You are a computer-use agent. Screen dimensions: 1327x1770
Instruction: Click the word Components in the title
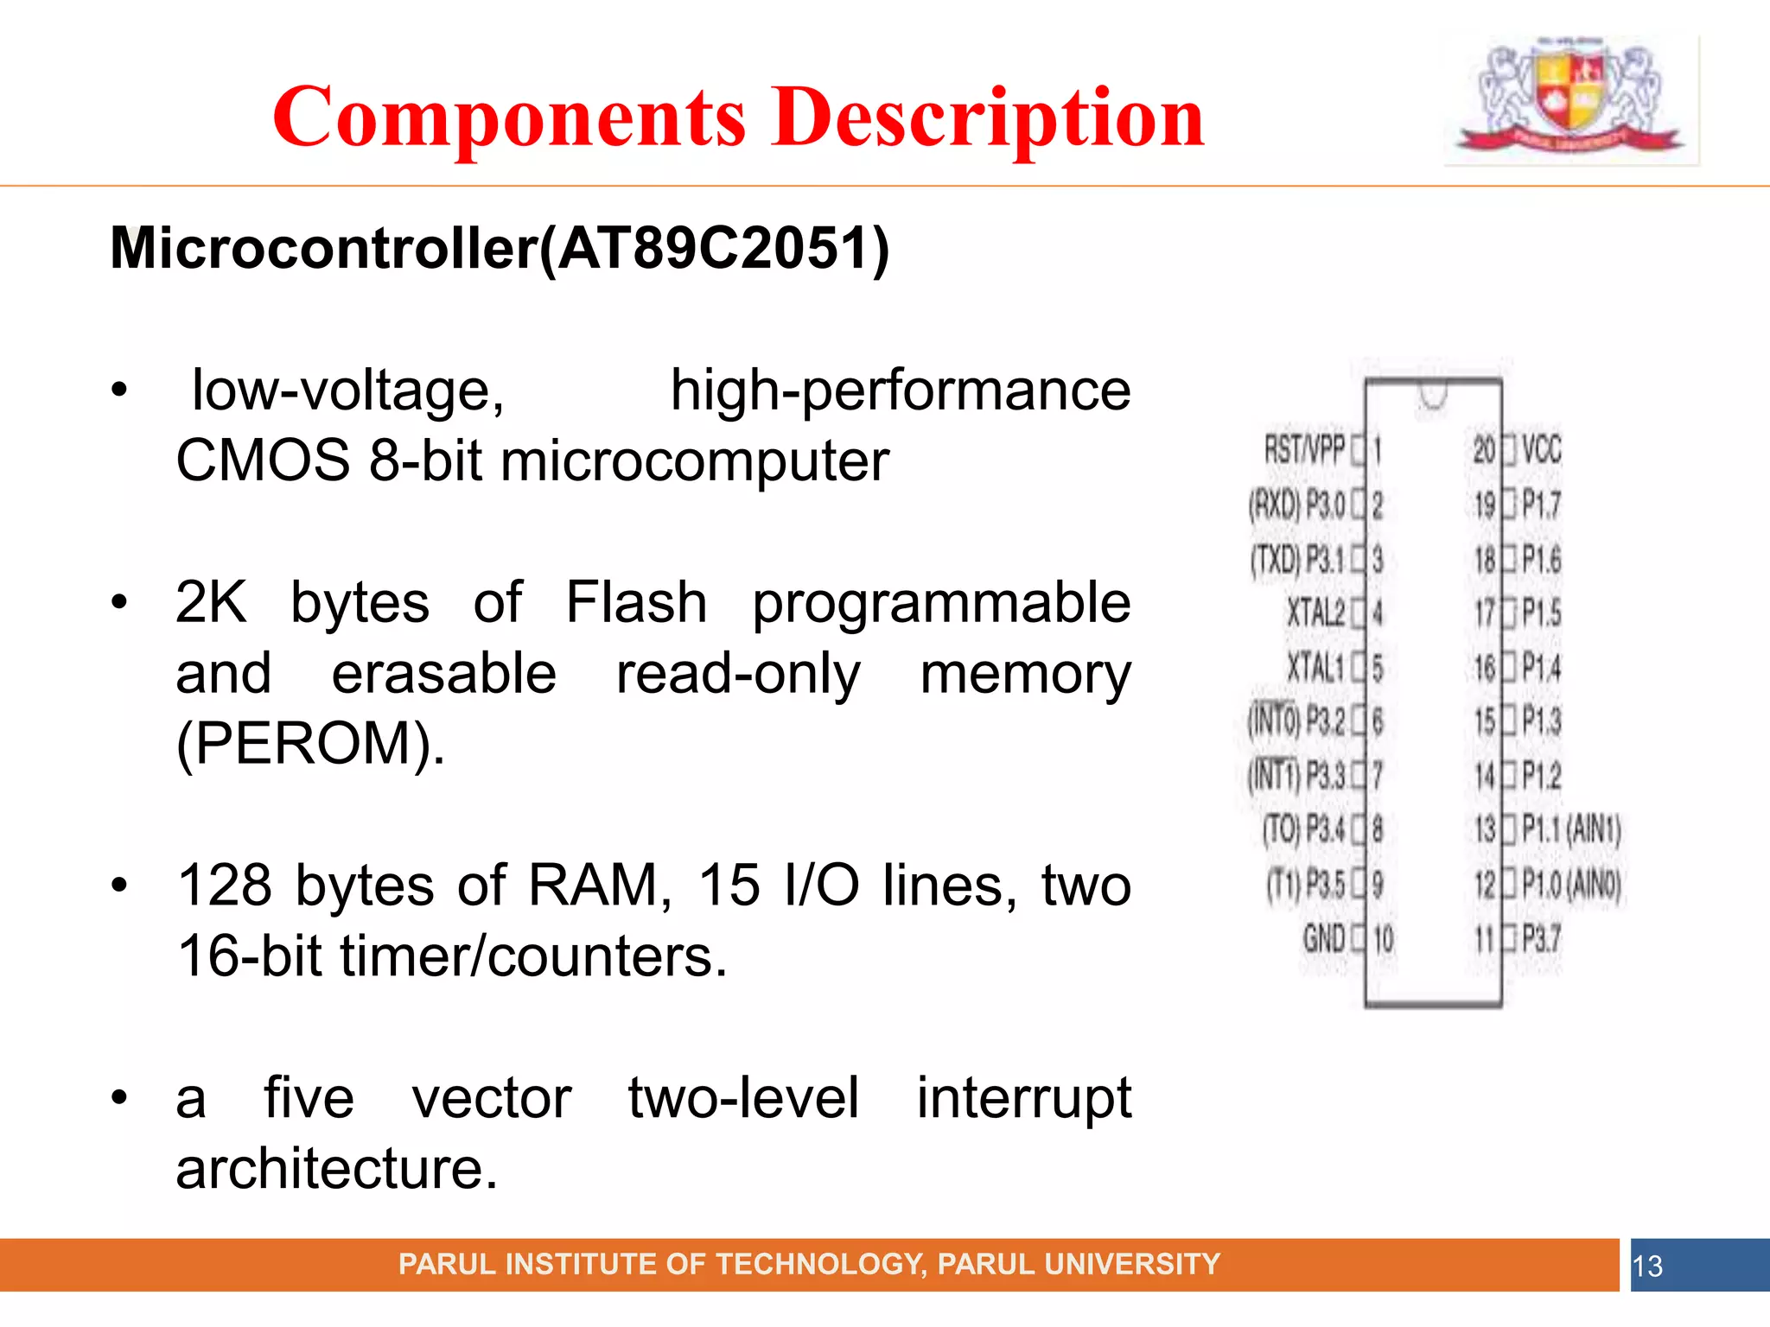[x=508, y=117]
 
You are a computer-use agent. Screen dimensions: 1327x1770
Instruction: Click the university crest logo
[x=1569, y=98]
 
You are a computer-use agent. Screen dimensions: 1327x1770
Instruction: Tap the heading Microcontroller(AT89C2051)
[x=500, y=249]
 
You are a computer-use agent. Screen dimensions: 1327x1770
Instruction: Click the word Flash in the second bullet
[x=636, y=602]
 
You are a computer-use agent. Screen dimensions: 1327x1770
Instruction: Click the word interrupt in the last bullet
[x=1023, y=1098]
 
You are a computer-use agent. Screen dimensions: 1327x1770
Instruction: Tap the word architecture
[x=337, y=1169]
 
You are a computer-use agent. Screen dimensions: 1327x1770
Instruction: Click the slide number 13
[x=1647, y=1267]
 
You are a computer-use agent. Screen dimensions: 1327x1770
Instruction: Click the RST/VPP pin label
[x=1304, y=450]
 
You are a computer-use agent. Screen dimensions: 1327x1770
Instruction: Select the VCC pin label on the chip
[x=1542, y=450]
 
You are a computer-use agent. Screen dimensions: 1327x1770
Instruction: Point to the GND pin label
[x=1324, y=938]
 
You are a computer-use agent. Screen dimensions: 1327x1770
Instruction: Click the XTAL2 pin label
[x=1315, y=613]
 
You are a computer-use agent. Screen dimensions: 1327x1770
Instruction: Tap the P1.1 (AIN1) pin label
[x=1571, y=829]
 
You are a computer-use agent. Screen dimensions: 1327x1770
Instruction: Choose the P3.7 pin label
[x=1542, y=938]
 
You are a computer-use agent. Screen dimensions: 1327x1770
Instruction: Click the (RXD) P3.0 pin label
[x=1296, y=505]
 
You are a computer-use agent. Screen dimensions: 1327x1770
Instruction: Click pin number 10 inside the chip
[x=1384, y=938]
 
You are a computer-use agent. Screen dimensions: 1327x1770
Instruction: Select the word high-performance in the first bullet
[x=901, y=390]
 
